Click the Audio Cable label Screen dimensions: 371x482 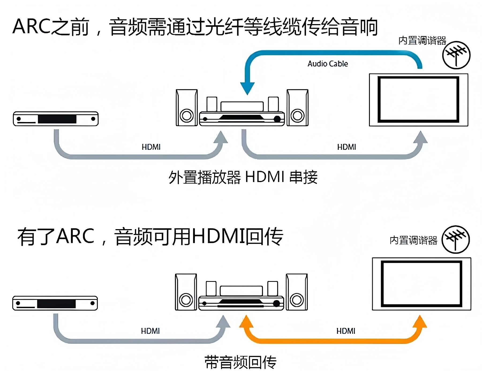[327, 64]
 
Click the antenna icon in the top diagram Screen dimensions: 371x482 [456, 55]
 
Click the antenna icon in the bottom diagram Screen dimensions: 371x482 [455, 239]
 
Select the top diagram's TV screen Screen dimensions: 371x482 [418, 100]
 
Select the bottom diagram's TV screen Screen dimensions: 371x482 [421, 284]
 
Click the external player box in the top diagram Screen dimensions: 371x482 [56, 119]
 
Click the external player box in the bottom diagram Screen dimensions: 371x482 [55, 303]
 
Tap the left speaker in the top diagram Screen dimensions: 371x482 [187, 108]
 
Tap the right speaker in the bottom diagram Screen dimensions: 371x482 [297, 292]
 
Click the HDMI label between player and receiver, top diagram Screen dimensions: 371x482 [151, 147]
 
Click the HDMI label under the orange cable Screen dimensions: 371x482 [346, 331]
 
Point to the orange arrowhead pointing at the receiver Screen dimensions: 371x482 [246, 321]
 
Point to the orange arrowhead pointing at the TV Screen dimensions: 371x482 [420, 321]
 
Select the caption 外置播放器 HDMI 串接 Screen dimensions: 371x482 [243, 177]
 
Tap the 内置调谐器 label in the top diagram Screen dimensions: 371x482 [422, 41]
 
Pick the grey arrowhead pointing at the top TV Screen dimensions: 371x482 [420, 137]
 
